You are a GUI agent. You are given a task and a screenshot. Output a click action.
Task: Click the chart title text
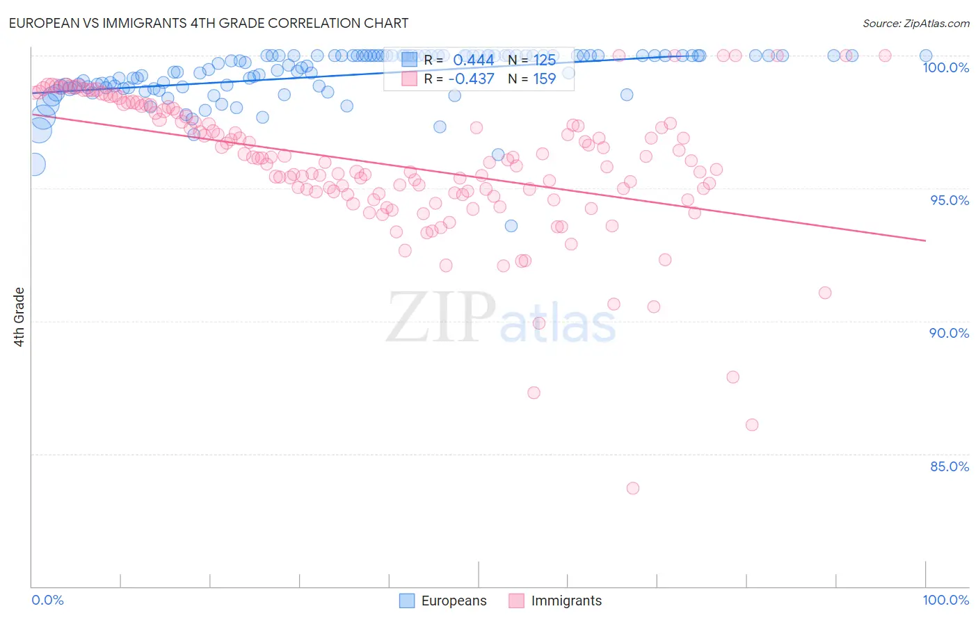point(208,23)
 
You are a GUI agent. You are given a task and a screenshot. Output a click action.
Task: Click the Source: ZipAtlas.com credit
point(915,23)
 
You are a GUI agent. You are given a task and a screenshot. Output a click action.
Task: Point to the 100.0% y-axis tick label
point(945,67)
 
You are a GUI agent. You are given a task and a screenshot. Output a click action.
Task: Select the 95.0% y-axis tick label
point(949,200)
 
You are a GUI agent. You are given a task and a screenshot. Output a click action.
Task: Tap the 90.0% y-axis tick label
point(949,333)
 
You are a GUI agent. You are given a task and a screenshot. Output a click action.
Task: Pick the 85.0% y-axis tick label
point(949,466)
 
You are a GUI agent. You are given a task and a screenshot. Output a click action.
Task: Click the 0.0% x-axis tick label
point(47,600)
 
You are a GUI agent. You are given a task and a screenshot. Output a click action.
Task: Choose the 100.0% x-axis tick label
point(945,600)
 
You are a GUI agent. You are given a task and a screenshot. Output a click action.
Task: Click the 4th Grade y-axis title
point(19,317)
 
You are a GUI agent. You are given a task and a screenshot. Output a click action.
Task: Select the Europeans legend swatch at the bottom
point(407,601)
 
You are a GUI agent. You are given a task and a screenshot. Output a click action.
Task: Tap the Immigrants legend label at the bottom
point(566,601)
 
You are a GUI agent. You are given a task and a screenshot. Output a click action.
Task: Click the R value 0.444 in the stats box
point(473,60)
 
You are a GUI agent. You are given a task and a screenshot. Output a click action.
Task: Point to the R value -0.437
point(471,79)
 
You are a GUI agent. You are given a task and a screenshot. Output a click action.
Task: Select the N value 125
point(544,60)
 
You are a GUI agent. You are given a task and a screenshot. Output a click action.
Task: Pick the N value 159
point(544,79)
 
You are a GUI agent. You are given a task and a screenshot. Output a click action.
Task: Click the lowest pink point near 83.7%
point(632,488)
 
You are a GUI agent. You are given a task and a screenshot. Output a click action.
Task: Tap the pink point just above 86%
point(751,425)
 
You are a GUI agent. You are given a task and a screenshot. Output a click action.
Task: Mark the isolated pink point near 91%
point(824,293)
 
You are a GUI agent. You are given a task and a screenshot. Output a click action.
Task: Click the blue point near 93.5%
point(511,226)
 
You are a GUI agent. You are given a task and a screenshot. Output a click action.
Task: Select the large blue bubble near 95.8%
point(34,164)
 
